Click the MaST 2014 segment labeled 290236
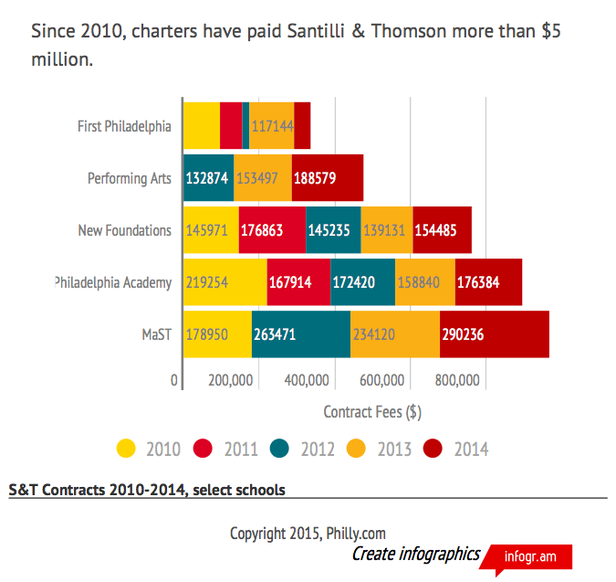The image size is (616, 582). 494,334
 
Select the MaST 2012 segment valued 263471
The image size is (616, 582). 300,334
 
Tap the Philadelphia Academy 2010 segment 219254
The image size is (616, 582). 224,282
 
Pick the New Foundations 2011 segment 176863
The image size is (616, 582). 272,230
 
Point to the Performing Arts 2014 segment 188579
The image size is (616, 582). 327,178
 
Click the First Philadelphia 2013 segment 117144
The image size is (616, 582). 271,126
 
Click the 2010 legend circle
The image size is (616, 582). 127,449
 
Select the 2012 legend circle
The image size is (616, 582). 280,449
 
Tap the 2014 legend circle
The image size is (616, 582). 433,449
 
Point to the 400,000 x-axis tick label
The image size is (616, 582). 306,380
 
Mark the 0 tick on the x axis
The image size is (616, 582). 174,380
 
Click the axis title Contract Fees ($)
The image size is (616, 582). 371,412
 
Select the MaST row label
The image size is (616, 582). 156,334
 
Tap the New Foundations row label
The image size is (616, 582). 124,230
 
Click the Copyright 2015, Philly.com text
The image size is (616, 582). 308,533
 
